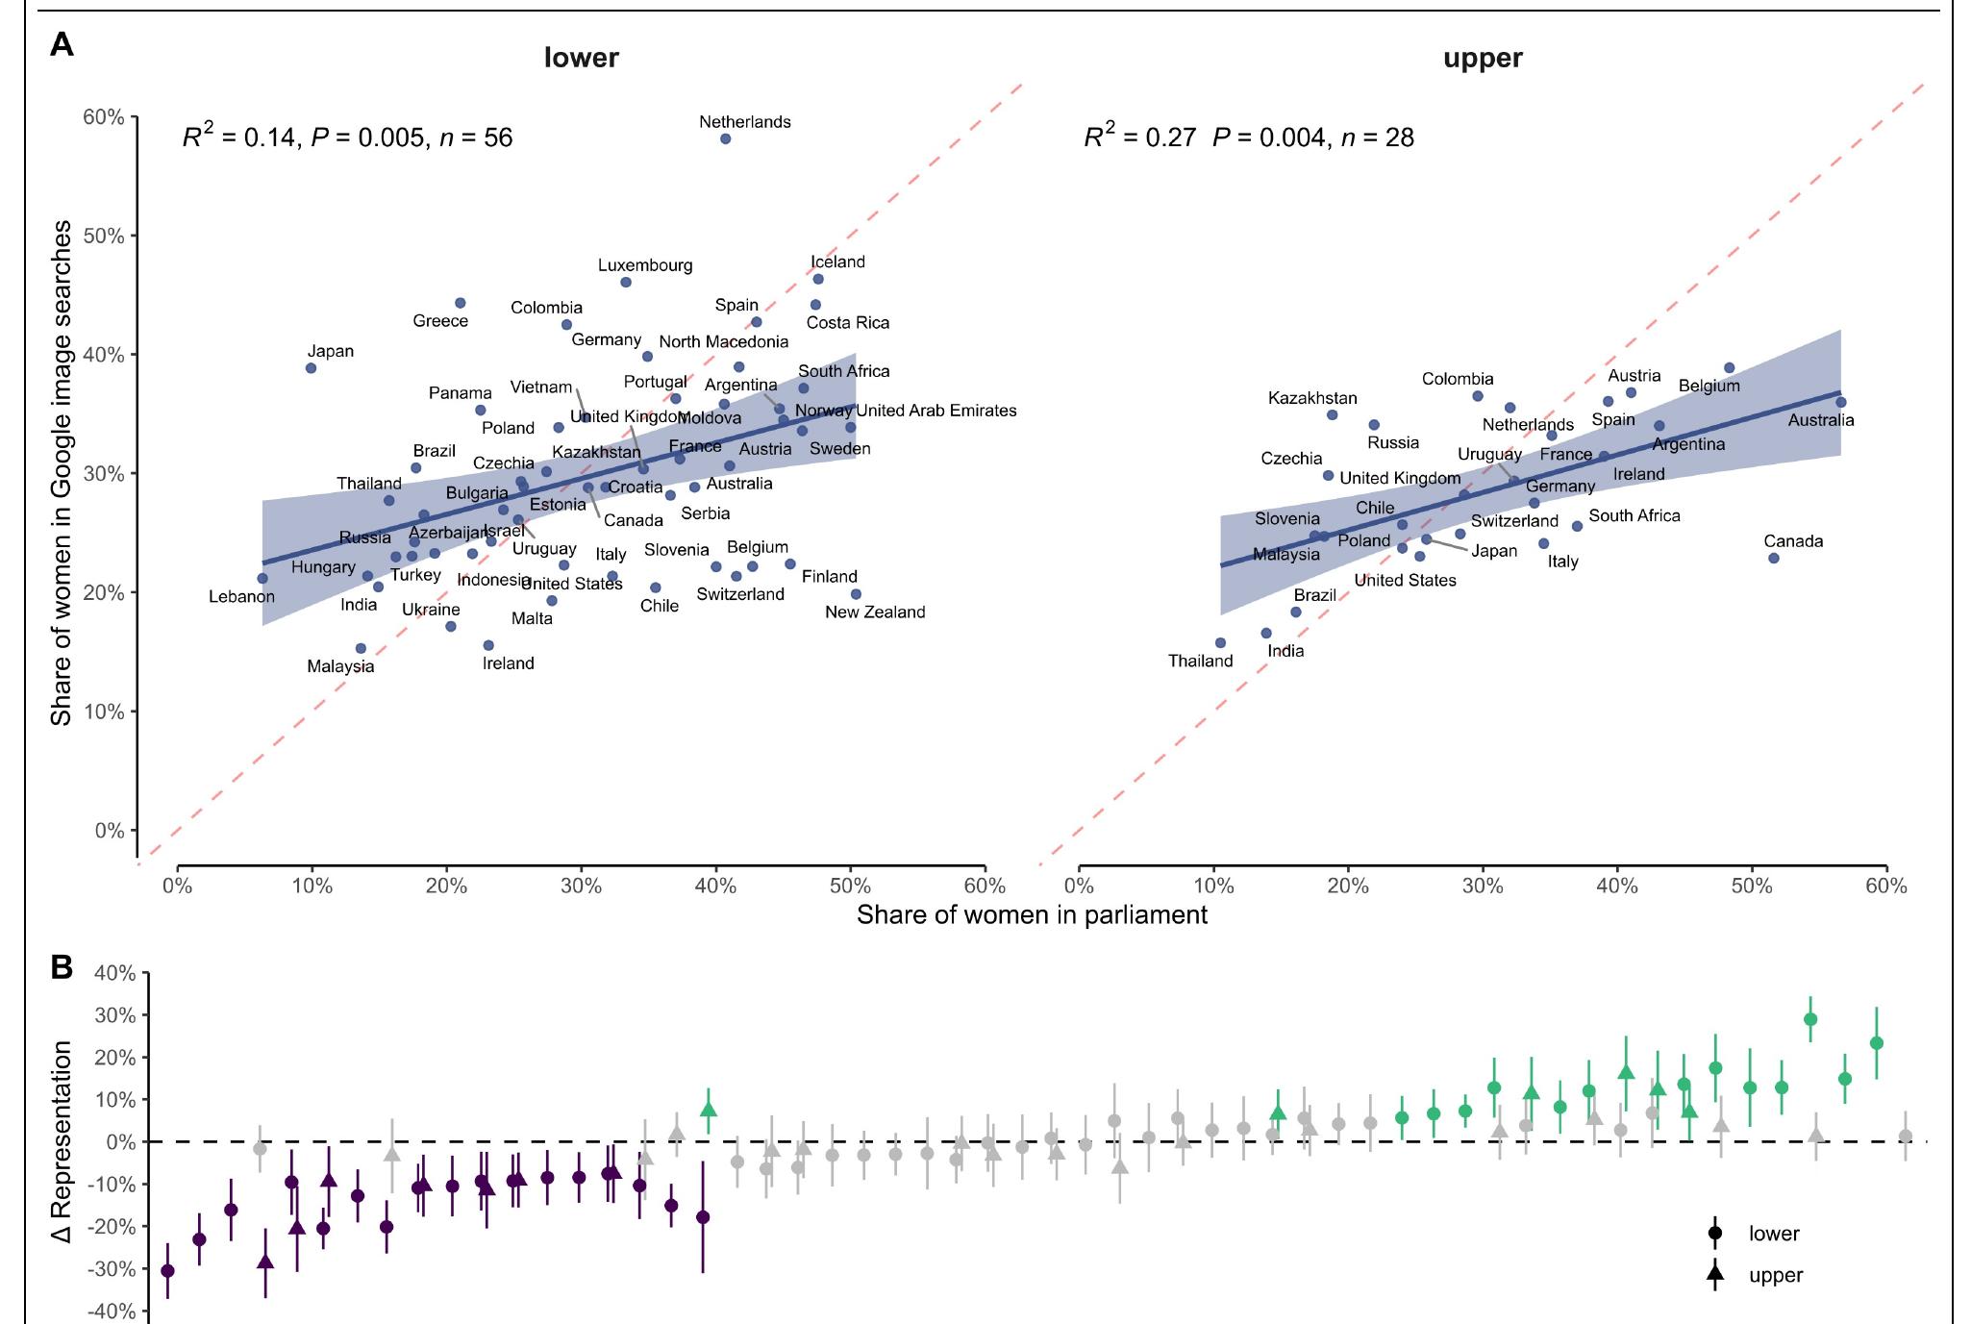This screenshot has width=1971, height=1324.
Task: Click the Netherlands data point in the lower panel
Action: pos(725,139)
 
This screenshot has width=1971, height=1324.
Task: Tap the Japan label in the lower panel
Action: pos(330,352)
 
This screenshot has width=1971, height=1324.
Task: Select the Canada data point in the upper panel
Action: pos(1773,558)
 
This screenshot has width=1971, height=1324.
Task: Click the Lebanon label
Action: pos(241,597)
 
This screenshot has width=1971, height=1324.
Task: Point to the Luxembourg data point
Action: pos(625,283)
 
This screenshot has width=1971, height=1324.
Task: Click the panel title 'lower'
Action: pos(581,59)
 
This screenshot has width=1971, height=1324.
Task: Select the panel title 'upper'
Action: pos(1482,59)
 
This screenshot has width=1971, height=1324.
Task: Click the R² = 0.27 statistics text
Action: pos(1139,137)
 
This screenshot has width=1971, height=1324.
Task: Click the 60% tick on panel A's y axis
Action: pos(104,117)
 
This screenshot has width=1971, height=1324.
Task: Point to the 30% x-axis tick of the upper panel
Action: pos(1482,886)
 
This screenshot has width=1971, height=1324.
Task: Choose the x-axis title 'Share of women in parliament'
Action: pos(1032,914)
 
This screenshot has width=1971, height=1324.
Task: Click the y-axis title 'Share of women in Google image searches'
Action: pos(62,472)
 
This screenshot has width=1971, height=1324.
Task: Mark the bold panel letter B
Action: pos(62,967)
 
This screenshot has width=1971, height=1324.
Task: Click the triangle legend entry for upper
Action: pos(1714,1276)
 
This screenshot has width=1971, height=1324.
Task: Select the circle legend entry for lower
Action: pos(1714,1234)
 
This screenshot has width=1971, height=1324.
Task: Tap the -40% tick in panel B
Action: pos(113,1312)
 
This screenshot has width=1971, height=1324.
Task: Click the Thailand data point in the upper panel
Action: pos(1220,643)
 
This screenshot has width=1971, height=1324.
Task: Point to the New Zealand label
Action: pos(874,612)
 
